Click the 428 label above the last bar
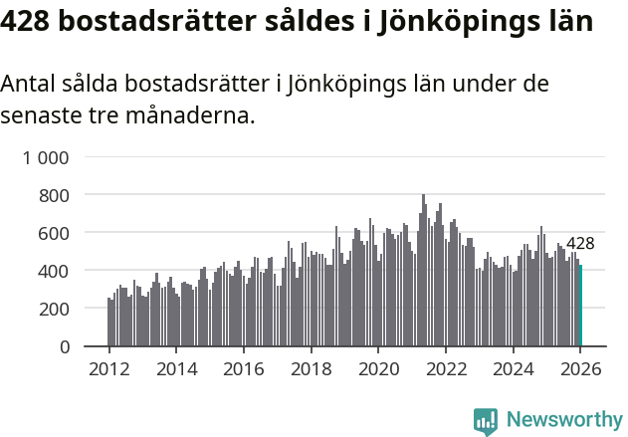(580, 244)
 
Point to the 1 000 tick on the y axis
(46, 157)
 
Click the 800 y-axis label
(53, 195)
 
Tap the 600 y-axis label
(53, 233)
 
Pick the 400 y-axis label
(53, 271)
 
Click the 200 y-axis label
(53, 309)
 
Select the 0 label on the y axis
(65, 346)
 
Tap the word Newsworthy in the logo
(564, 420)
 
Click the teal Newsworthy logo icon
(486, 421)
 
